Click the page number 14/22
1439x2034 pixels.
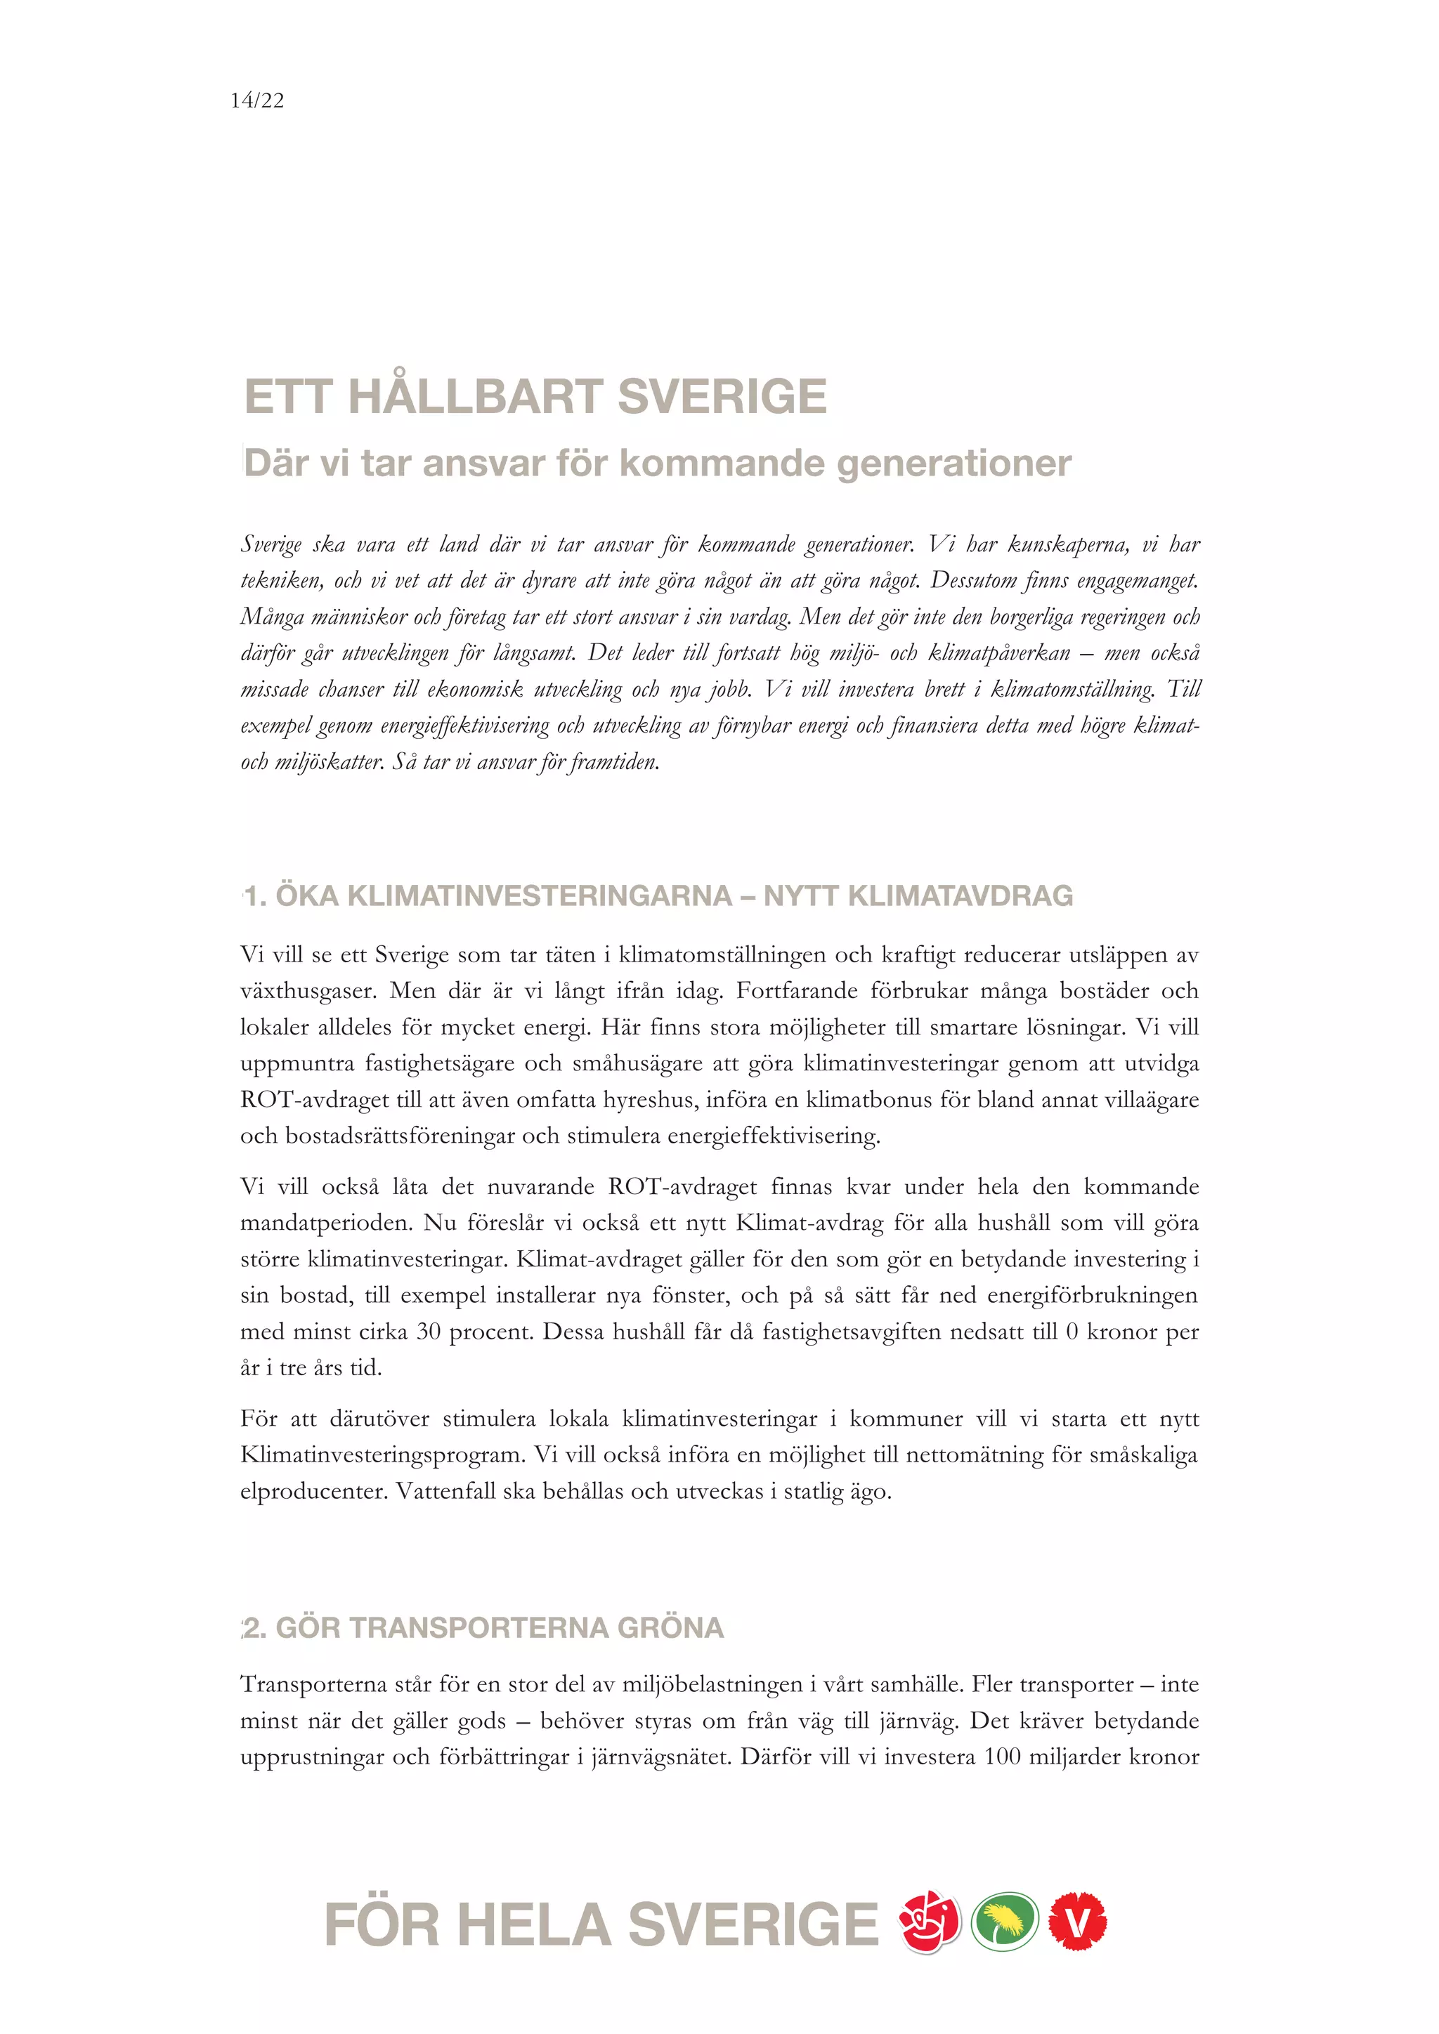coord(257,101)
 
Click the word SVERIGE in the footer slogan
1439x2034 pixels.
coord(753,1925)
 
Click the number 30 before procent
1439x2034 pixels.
coord(428,1332)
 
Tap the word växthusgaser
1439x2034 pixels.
coord(308,991)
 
